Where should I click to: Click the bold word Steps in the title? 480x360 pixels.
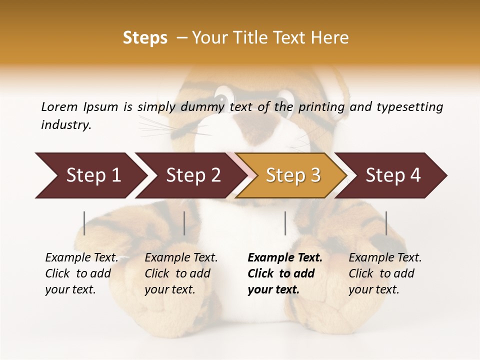pos(145,38)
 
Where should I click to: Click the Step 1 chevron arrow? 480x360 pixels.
pos(90,175)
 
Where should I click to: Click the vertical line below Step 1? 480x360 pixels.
pos(84,223)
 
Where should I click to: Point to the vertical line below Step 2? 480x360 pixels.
pos(184,223)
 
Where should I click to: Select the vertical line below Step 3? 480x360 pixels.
pos(285,223)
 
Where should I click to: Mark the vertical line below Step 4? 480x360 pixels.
pos(386,223)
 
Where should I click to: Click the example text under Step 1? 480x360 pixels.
pos(81,273)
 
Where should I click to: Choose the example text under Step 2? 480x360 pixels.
pos(181,273)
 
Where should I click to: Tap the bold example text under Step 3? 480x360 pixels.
pos(284,273)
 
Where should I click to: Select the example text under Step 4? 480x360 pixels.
pos(385,273)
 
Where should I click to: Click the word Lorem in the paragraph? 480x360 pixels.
pos(59,107)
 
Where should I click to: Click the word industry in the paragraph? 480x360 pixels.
pos(65,125)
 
